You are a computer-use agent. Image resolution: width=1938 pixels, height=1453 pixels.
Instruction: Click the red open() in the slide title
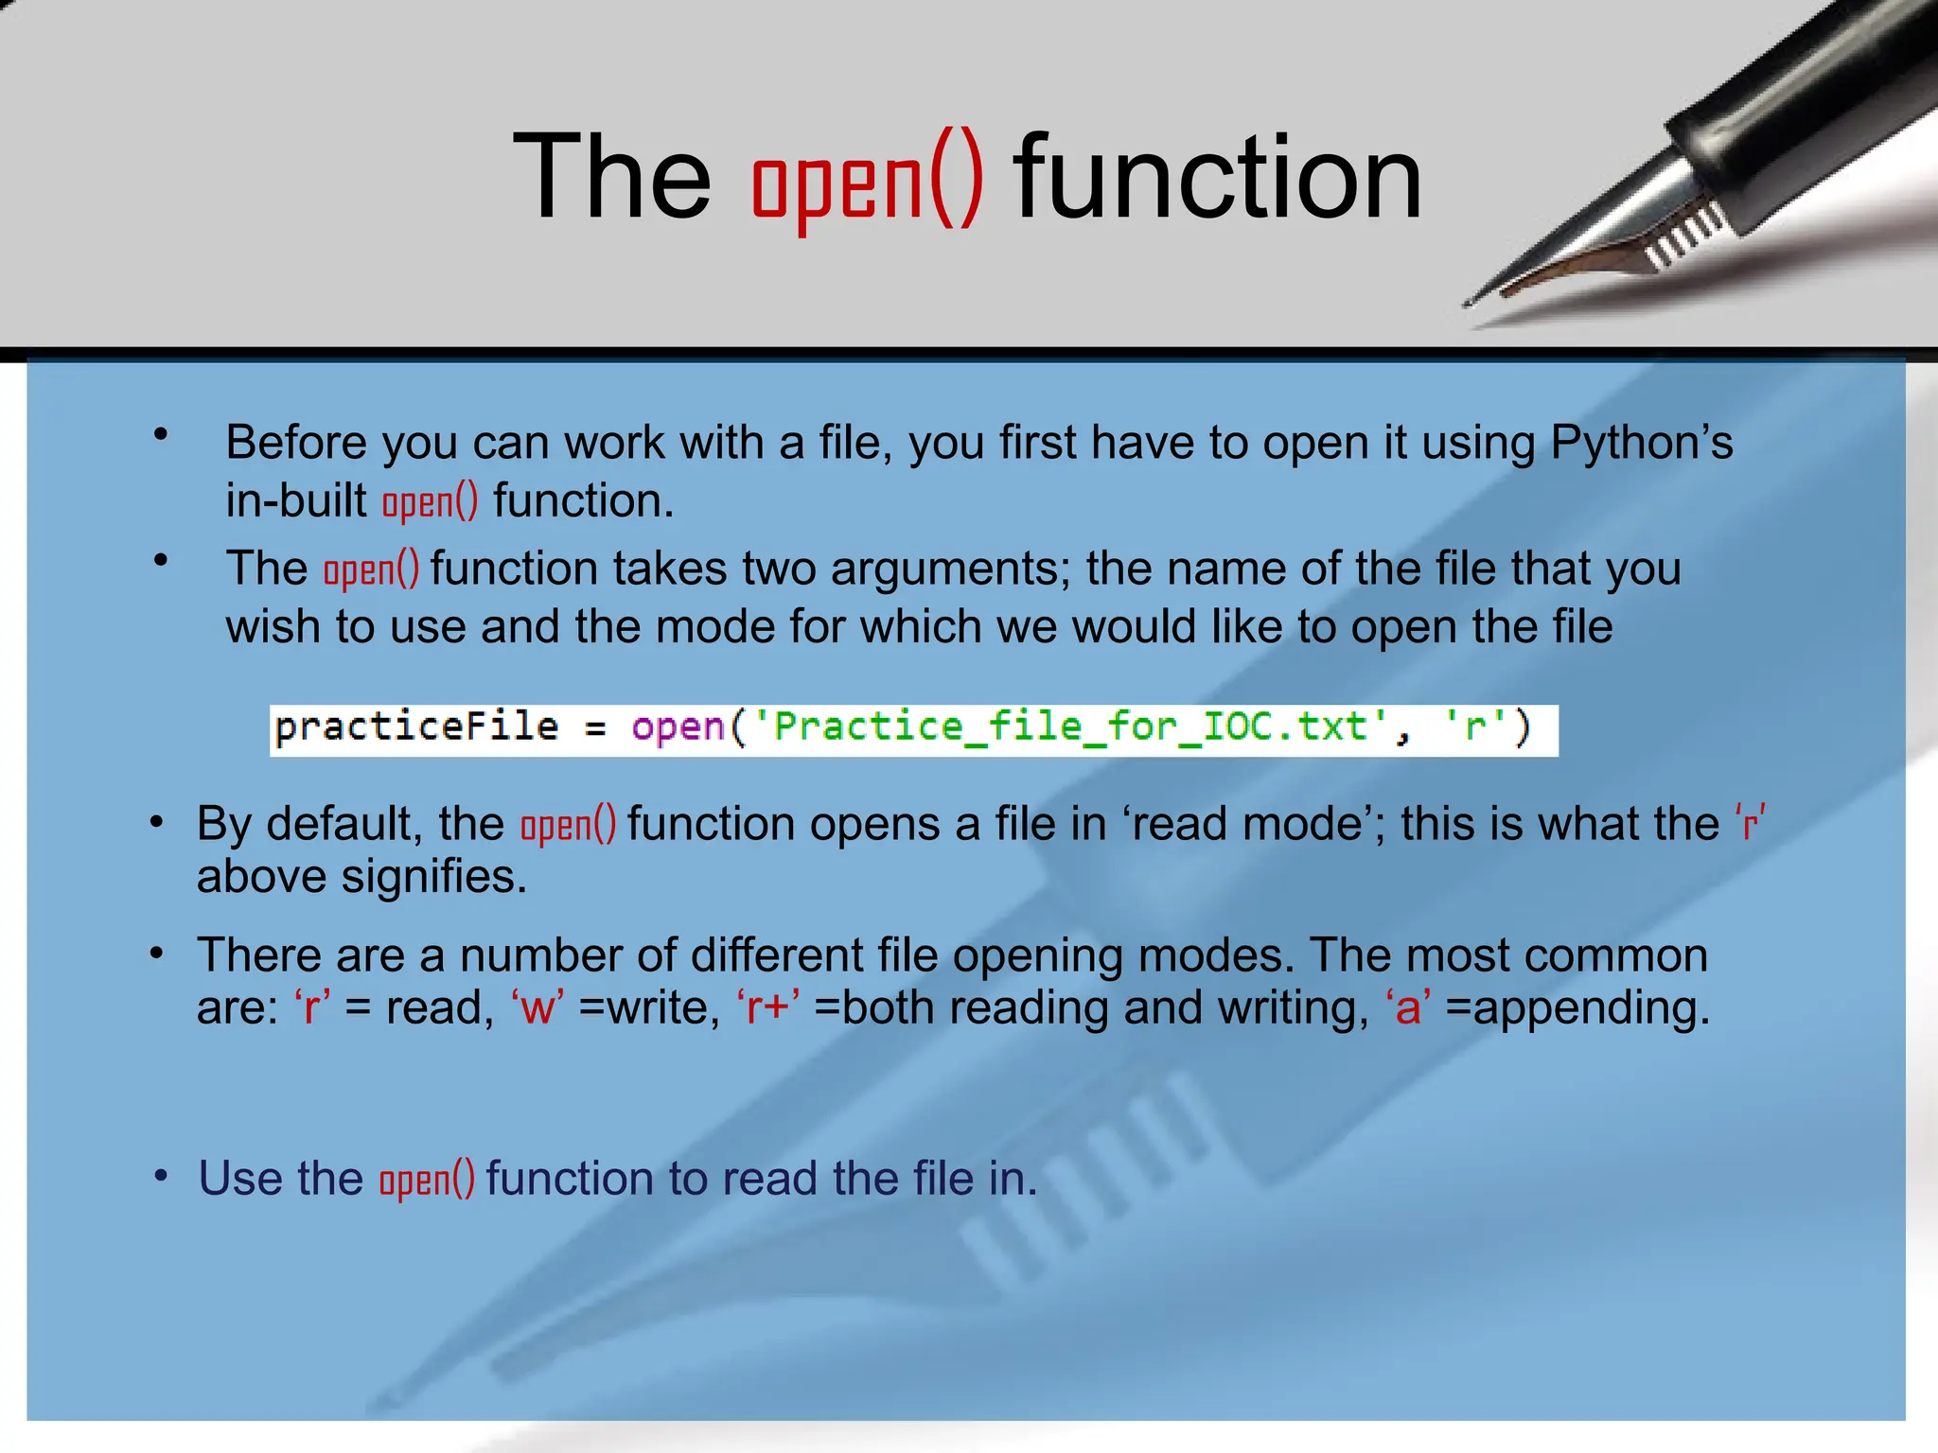(x=867, y=180)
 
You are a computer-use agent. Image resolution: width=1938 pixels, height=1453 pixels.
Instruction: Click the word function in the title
(x=1218, y=177)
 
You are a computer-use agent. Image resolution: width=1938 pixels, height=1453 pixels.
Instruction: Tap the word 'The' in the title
(x=611, y=177)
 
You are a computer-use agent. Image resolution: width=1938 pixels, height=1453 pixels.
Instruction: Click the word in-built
(x=295, y=500)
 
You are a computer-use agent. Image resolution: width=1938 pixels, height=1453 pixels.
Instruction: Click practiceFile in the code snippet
(x=416, y=727)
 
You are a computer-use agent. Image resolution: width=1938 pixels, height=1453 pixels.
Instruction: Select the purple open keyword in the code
(x=678, y=727)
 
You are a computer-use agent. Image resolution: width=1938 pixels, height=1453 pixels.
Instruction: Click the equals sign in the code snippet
(x=594, y=729)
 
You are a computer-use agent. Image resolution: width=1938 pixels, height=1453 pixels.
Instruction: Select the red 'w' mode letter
(x=537, y=1008)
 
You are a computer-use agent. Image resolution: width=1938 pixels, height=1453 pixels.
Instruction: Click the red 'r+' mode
(x=767, y=1008)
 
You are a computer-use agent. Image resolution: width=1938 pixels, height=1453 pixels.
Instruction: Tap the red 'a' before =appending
(x=1408, y=1008)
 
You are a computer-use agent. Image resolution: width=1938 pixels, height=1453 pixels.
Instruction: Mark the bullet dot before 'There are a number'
(x=158, y=954)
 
